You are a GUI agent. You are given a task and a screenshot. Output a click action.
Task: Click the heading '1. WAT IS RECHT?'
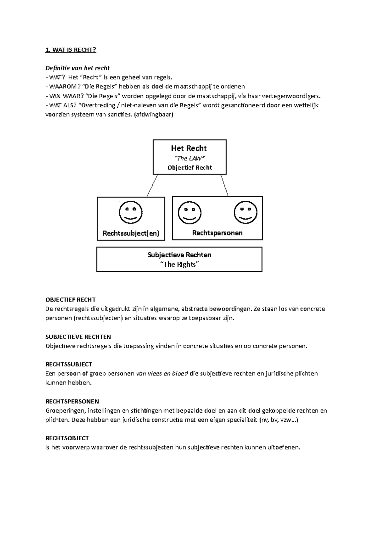click(70, 50)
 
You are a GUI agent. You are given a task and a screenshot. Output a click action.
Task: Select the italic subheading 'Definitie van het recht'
click(77, 68)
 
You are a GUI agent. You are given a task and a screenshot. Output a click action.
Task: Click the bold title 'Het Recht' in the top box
click(189, 148)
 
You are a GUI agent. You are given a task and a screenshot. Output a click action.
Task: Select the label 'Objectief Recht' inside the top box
click(189, 168)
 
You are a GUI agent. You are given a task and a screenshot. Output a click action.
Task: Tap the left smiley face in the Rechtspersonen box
click(189, 212)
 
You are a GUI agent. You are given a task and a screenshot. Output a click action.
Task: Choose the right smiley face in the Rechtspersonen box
click(245, 212)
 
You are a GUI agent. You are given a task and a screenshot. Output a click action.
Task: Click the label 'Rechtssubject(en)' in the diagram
click(131, 233)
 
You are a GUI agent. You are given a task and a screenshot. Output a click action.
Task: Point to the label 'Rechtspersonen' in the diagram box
click(217, 233)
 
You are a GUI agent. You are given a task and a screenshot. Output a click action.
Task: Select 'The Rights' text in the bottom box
click(179, 265)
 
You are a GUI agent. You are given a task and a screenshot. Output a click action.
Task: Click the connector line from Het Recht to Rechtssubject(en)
click(152, 186)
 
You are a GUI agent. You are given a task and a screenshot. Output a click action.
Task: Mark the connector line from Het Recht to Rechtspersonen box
click(225, 186)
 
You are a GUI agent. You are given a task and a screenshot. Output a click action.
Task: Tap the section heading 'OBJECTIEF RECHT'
click(70, 300)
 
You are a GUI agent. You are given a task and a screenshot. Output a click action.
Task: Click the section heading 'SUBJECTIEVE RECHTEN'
click(78, 337)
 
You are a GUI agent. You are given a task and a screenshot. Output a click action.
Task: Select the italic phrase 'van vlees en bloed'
click(162, 374)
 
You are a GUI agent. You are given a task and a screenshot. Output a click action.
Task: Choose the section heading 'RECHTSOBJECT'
click(67, 438)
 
